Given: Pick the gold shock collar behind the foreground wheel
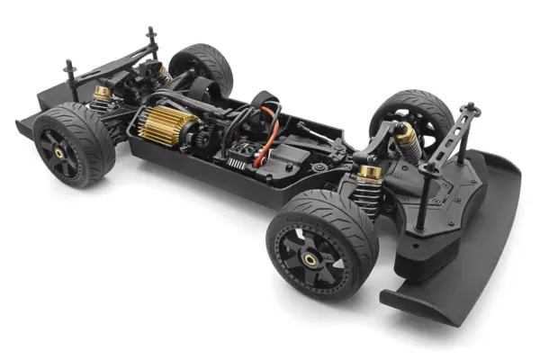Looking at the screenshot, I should (368, 173).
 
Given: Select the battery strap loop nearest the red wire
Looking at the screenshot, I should (265, 101).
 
